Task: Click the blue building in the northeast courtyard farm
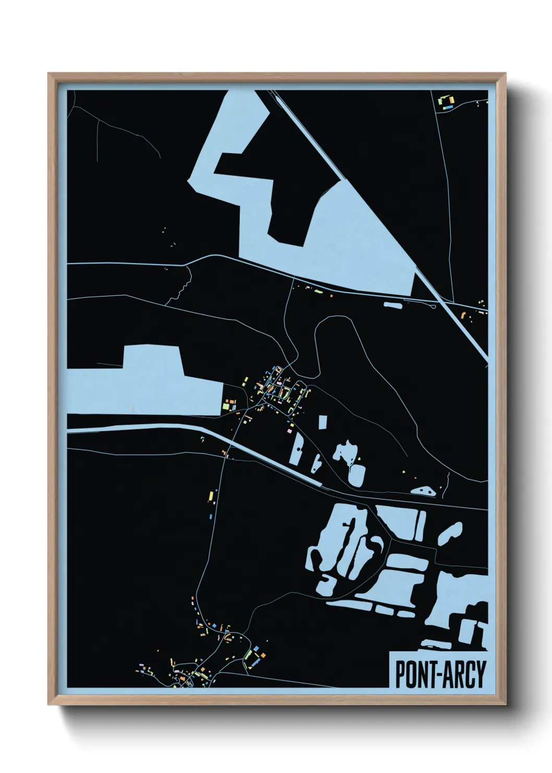pyautogui.click(x=447, y=108)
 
